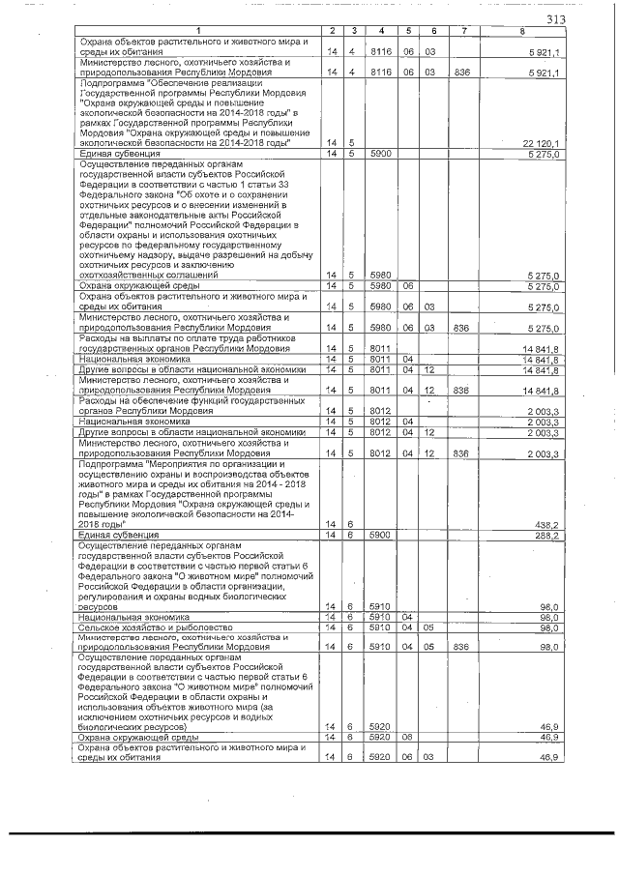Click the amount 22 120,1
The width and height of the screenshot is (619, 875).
coord(544,143)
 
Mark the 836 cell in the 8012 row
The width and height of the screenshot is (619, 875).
coord(460,452)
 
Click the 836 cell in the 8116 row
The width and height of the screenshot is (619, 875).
coord(460,72)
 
